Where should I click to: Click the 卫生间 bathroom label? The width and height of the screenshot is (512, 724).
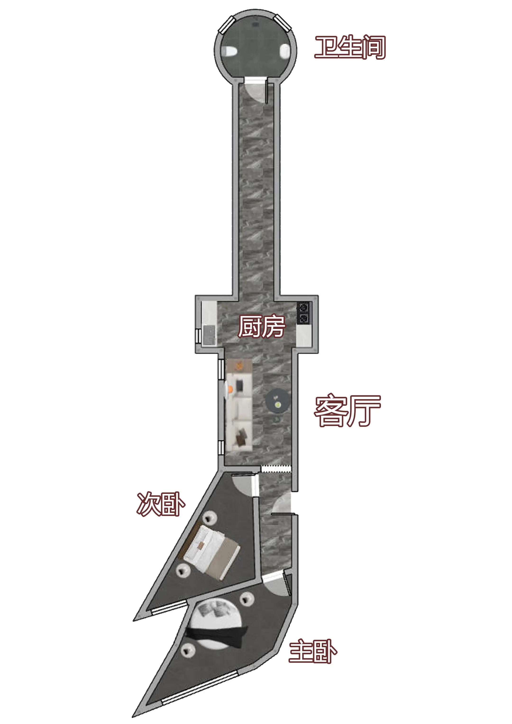(350, 47)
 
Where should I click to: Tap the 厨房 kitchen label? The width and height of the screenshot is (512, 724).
(261, 326)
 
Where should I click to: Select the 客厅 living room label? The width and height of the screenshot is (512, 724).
(347, 411)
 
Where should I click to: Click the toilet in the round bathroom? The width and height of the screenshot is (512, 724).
(229, 51)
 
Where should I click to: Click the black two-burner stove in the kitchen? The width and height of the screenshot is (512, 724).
(303, 313)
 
